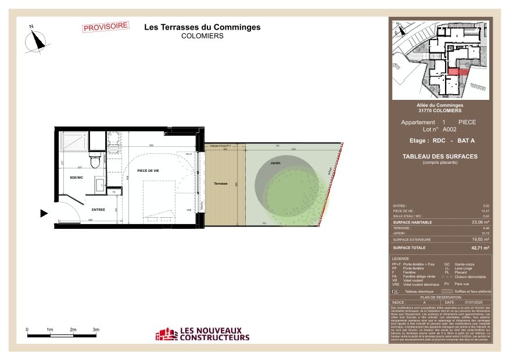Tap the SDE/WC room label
77,177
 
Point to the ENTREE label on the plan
98,209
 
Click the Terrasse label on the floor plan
221,183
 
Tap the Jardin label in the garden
275,164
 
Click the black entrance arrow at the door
44,214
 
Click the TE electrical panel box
114,192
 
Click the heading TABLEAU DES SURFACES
440,156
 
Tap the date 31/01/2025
474,303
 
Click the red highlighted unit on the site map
457,71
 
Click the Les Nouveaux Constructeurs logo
203,334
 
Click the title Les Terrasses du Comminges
202,27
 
